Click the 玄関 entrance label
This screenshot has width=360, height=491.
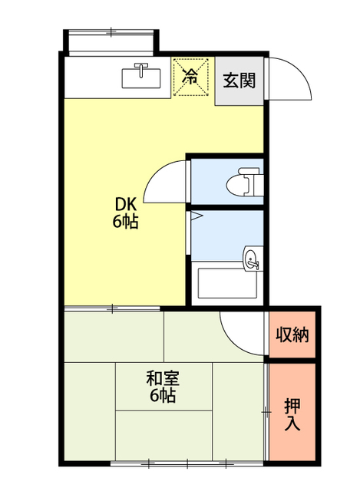click(x=239, y=81)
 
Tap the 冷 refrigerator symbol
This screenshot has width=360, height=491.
click(x=191, y=77)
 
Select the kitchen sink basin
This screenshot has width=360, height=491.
click(x=141, y=78)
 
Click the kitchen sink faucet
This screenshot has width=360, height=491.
click(x=141, y=69)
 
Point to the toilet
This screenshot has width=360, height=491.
click(x=244, y=182)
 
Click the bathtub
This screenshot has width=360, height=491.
click(x=227, y=283)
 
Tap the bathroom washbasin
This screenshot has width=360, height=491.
click(x=252, y=259)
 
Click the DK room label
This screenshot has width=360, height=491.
click(x=126, y=205)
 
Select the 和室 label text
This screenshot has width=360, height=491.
click(x=163, y=378)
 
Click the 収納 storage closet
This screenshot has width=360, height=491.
click(x=292, y=334)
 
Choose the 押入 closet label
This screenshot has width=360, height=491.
click(x=292, y=415)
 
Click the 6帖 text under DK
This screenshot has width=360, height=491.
click(x=125, y=222)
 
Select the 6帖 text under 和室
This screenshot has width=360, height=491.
click(x=162, y=396)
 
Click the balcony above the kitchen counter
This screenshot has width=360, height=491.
click(x=111, y=42)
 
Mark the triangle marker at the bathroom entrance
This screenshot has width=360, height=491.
click(x=197, y=216)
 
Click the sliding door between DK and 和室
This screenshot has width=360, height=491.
click(x=112, y=308)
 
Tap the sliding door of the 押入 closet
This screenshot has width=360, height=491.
click(x=266, y=411)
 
